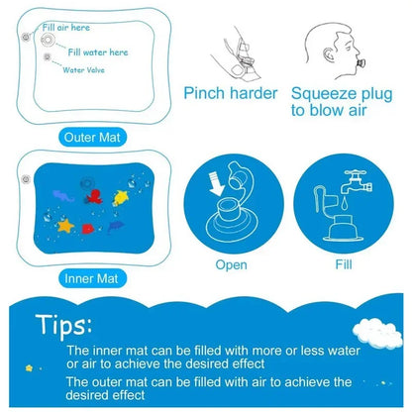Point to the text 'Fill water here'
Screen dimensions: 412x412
click(x=99, y=51)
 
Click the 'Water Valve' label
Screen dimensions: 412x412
click(x=89, y=70)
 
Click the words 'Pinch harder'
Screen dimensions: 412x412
click(x=229, y=94)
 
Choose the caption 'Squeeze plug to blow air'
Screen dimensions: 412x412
click(x=341, y=103)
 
